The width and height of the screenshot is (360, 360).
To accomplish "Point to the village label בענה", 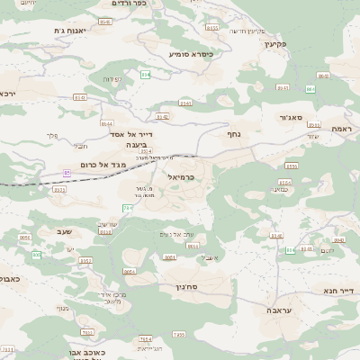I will point(136,144).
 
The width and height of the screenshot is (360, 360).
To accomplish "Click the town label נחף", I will point(233,133).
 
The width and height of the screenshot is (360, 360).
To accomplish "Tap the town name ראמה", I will point(340,130).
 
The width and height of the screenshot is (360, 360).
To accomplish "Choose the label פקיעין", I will point(275,43).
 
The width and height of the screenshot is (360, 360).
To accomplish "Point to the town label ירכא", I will point(8,93).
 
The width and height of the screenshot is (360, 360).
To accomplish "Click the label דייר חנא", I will point(340,290).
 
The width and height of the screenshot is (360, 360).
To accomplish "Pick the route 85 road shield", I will point(67,172).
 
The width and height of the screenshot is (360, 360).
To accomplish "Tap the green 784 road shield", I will point(128,209).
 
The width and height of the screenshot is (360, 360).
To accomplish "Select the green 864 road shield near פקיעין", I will point(310,89).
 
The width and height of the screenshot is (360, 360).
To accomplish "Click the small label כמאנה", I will point(285,189).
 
